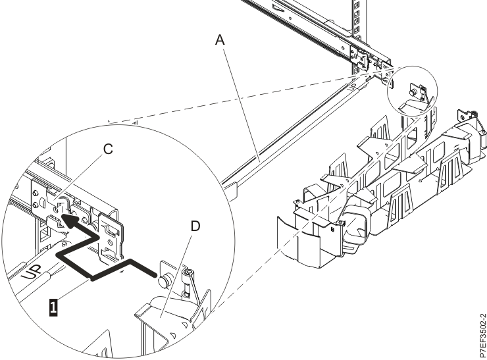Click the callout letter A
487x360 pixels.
[220, 40]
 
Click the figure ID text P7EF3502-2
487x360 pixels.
[479, 329]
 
